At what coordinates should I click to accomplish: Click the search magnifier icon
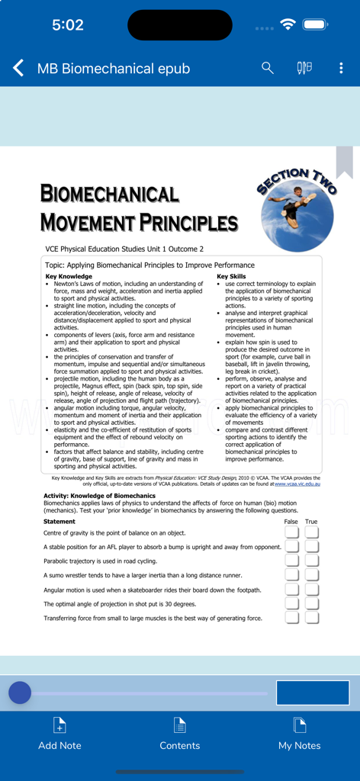pos(268,68)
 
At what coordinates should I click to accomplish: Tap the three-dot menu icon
pos(341,68)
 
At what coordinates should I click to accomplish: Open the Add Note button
pos(59,734)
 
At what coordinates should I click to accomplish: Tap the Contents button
pos(180,734)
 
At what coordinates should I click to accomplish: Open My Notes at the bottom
pos(299,734)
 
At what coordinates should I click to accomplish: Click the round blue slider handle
pos(20,693)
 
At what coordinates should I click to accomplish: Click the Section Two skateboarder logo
pos(297,210)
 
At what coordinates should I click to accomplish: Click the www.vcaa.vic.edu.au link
pos(297,484)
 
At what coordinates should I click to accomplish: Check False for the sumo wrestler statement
pos(291,575)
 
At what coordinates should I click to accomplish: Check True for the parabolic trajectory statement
pos(312,561)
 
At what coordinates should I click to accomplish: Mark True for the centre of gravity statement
pos(312,532)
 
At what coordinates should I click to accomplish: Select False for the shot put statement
pos(291,603)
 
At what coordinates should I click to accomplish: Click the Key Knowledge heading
pos(69,276)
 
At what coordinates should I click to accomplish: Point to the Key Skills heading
pos(231,276)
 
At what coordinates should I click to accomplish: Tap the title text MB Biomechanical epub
pos(114,69)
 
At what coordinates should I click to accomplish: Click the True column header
pos(311,522)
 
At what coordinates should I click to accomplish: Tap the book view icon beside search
pos(304,68)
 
